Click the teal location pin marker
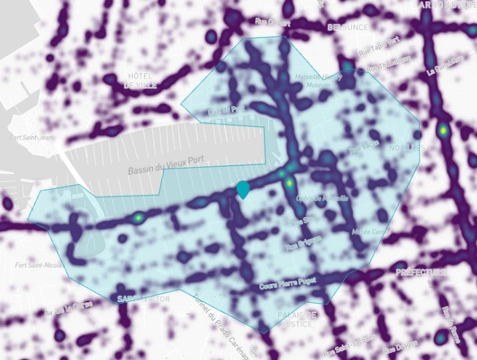point(244,189)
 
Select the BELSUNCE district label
point(347,27)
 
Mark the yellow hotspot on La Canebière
point(443,130)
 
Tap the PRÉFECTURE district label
point(420,272)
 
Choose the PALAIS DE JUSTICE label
point(296,318)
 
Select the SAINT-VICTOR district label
point(144,298)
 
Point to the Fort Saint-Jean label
point(30,137)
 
